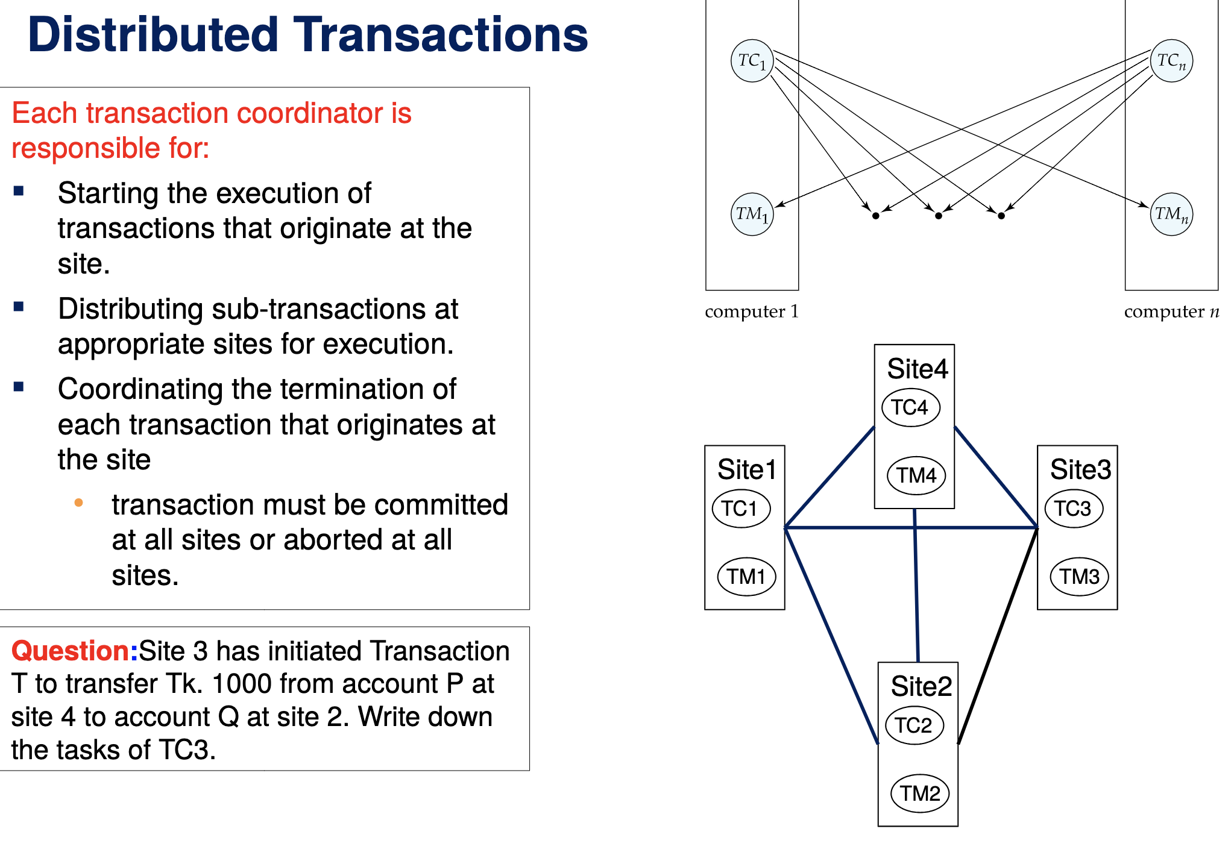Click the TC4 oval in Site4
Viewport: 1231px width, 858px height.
click(x=910, y=408)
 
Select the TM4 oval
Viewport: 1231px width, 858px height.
click(x=916, y=475)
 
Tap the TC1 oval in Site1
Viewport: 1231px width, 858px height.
click(x=741, y=509)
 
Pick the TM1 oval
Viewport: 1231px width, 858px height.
click(x=746, y=577)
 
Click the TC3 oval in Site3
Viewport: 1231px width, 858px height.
click(x=1073, y=509)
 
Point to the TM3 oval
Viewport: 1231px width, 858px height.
click(x=1079, y=577)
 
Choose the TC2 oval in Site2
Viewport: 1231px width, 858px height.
click(x=914, y=725)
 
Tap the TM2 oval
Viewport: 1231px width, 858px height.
click(x=919, y=794)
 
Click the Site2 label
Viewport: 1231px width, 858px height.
click(x=921, y=686)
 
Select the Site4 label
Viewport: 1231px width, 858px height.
click(x=917, y=369)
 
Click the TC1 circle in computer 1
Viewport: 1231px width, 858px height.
click(x=752, y=60)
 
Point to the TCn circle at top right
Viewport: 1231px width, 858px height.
click(x=1171, y=60)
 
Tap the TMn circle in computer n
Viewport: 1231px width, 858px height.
click(x=1171, y=214)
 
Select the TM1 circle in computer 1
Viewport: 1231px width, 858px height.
click(x=752, y=214)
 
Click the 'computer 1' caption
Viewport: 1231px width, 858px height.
click(x=751, y=312)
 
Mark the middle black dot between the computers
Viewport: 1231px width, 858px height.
click(x=938, y=216)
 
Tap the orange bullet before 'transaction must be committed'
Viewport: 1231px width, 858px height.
click(x=78, y=503)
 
